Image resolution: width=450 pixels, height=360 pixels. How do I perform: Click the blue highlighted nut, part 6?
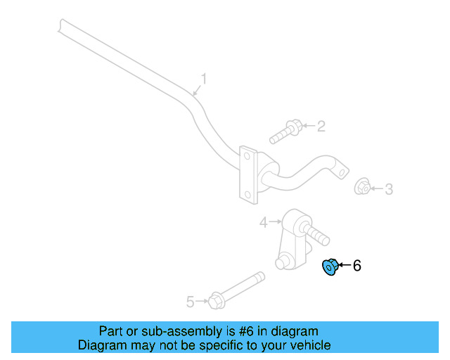click(329, 267)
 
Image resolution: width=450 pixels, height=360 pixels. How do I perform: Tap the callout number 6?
click(356, 266)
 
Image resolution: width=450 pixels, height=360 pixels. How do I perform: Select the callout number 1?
click(205, 79)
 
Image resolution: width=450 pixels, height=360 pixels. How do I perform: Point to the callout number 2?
click(321, 127)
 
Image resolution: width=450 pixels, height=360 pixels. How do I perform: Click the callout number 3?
click(388, 188)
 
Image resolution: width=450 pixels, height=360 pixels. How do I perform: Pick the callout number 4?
click(263, 222)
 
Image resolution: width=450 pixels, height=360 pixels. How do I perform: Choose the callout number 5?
click(190, 302)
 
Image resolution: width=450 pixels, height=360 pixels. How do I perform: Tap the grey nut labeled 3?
click(362, 187)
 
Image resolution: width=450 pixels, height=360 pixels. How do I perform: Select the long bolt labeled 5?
click(236, 290)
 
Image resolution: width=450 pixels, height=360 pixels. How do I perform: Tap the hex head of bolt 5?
click(216, 301)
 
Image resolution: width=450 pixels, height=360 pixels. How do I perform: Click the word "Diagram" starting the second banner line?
click(101, 345)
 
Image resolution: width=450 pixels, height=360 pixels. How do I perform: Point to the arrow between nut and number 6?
click(344, 266)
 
